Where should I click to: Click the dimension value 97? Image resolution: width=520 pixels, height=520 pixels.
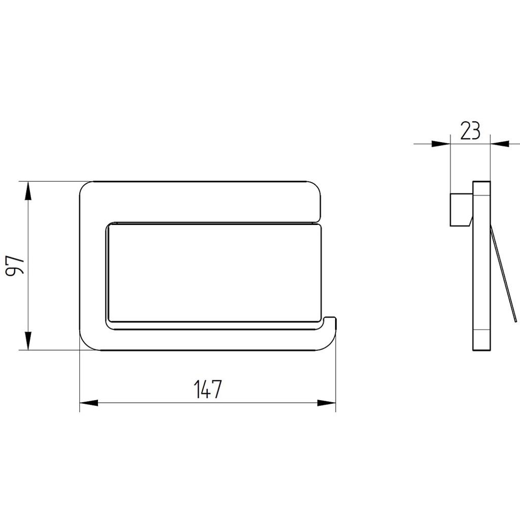pyautogui.click(x=15, y=265)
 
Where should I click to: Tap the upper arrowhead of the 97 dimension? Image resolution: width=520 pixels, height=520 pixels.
pyautogui.click(x=28, y=191)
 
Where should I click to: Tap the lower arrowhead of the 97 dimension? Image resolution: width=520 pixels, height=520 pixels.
pyautogui.click(x=28, y=341)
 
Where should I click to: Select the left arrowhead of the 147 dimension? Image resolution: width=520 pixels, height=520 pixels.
pyautogui.click(x=89, y=403)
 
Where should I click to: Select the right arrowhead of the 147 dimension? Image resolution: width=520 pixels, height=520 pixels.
pyautogui.click(x=327, y=403)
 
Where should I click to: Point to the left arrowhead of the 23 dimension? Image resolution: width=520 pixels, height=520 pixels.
pyautogui.click(x=440, y=144)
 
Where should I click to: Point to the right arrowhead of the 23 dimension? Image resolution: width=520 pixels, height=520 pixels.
pyautogui.click(x=500, y=144)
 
